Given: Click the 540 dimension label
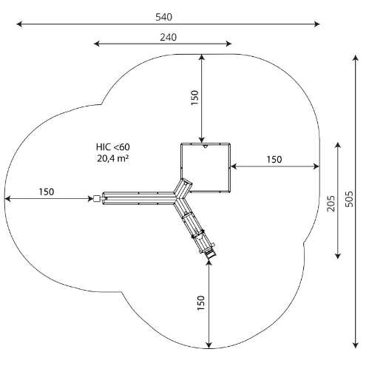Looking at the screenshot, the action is [163, 17].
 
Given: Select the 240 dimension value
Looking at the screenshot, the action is [169, 37].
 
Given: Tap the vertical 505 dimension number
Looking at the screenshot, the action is [348, 199].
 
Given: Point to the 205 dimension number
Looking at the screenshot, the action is [331, 203].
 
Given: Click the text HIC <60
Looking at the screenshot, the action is [113, 147].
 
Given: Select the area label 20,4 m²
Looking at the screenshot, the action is [113, 158].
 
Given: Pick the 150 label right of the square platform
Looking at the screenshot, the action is [274, 160].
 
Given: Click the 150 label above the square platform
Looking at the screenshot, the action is [194, 98].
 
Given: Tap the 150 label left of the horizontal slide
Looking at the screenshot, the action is [47, 192].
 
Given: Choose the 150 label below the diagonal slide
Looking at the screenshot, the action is [201, 302].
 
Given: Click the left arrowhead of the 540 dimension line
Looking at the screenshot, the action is [19, 24].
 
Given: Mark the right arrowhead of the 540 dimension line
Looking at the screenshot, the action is [317, 24].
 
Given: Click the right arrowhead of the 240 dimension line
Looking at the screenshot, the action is [228, 44].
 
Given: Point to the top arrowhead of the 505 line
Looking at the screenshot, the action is [355, 58].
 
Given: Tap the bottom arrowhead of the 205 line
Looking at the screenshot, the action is [338, 256].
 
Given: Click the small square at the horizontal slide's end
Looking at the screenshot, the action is [97, 199].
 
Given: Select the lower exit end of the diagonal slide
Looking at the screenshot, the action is [211, 254].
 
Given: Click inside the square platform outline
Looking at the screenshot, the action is [206, 167].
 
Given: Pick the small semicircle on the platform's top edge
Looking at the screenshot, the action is [205, 146].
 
